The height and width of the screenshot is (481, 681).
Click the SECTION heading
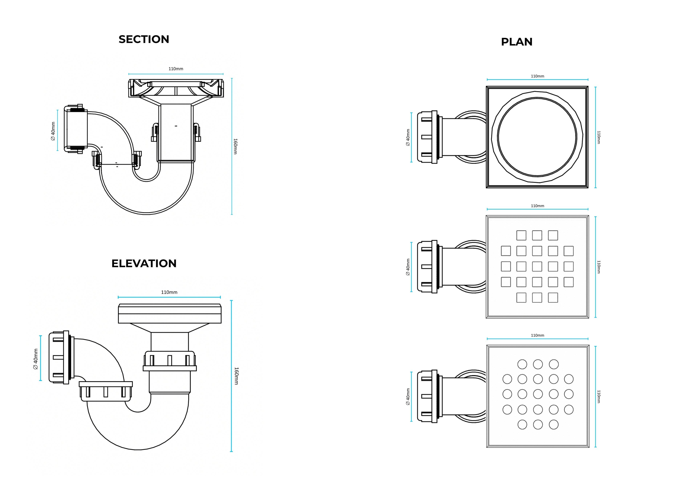coord(144,39)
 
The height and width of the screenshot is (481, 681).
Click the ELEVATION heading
coord(144,263)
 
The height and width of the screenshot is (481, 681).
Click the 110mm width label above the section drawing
coord(176,69)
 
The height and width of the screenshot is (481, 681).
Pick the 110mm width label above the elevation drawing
coord(169,292)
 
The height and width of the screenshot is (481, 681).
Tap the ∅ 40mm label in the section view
coord(53,131)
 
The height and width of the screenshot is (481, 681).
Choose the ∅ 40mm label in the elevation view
coord(36,359)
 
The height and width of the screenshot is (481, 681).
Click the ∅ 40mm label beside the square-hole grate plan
coord(408,267)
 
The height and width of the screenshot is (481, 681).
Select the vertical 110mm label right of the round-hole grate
coord(599,396)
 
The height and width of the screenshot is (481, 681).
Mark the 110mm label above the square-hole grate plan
coord(537,206)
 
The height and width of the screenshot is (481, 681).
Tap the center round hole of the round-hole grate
coord(538,394)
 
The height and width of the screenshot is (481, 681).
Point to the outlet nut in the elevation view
coord(59,357)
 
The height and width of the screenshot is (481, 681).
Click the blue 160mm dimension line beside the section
coord(232,146)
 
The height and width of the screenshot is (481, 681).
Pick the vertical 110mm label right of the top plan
coord(599,138)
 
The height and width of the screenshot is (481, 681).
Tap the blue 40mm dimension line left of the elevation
coord(41,358)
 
